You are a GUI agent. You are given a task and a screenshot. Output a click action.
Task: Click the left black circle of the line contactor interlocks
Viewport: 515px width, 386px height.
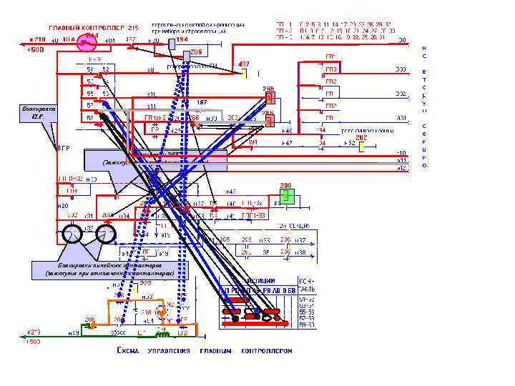72,234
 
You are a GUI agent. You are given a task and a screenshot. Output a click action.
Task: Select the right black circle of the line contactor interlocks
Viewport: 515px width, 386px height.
106,234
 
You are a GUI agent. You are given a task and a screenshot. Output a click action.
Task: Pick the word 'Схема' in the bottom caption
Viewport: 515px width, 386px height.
128,351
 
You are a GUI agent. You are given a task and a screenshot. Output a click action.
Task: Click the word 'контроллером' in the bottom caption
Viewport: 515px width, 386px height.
267,351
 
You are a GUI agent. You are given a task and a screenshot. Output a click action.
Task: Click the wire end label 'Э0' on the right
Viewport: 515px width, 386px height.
402,40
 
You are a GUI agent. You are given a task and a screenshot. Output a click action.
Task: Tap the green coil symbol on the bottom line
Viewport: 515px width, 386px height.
162,334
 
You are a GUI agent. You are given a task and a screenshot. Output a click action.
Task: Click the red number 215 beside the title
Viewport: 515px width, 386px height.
133,27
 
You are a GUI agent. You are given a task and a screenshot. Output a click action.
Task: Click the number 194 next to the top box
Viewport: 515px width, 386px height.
182,40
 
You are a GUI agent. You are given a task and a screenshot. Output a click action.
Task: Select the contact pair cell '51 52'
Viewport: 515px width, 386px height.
97,69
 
